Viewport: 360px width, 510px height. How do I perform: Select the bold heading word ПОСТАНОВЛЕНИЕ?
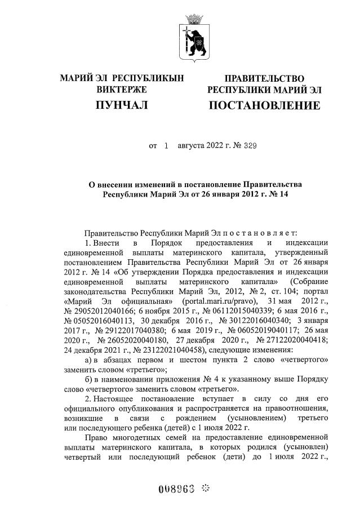[265, 105]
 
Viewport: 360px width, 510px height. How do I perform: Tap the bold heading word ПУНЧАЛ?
[121, 105]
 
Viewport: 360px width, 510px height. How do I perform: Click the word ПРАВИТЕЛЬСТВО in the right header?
[264, 78]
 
